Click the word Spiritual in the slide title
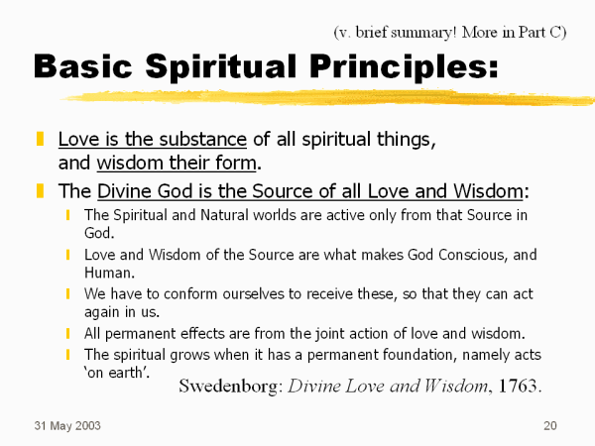pos(221,67)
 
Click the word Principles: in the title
pos(404,67)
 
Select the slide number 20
pos(550,425)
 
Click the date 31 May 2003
pos(67,426)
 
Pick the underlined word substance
pos(203,139)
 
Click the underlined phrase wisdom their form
pos(177,164)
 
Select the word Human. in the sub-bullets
pos(110,273)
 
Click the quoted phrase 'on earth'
pos(117,373)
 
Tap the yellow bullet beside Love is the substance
pos(40,139)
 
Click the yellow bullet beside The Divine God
pos(40,190)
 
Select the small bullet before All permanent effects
pos(67,334)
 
